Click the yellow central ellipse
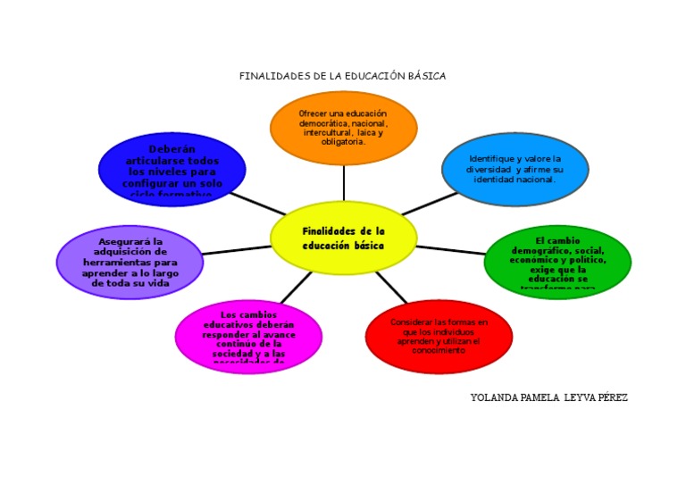(344, 238)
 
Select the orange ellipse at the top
(344, 128)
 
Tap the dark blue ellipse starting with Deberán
(171, 169)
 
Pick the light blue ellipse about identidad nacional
(515, 169)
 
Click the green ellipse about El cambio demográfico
(557, 263)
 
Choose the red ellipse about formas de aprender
(439, 337)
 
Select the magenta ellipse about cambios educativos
(248, 337)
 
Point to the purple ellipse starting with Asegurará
(130, 263)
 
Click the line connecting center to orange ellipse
(344, 183)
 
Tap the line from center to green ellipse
(451, 250)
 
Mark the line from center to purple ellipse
(237, 250)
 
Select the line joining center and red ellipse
(391, 288)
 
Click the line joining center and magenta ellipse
(297, 288)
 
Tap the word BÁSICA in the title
(426, 76)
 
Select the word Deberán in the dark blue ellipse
(171, 149)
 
